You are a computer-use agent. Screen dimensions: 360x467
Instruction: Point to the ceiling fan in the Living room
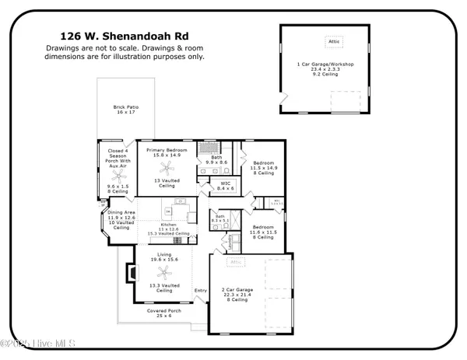[x=164, y=272]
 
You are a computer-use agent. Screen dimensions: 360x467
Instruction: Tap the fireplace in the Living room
[x=132, y=272]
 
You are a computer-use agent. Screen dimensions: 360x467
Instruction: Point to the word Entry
[x=201, y=291]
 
